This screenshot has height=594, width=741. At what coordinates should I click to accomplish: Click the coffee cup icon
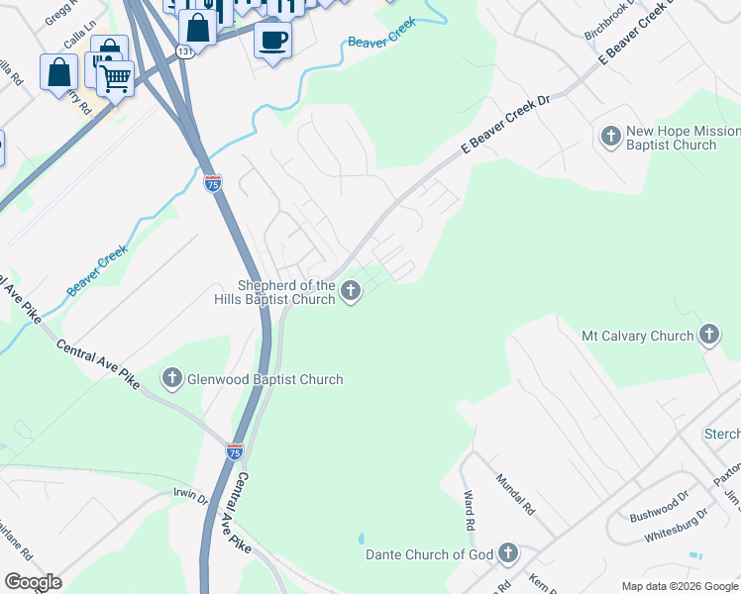click(x=273, y=40)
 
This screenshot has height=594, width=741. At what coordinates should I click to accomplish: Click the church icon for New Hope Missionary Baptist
click(x=611, y=134)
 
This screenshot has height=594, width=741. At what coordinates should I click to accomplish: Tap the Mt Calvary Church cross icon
click(x=708, y=336)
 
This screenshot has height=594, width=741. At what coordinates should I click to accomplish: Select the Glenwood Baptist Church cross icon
click(x=172, y=378)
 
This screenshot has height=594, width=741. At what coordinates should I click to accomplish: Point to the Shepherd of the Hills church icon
click(x=350, y=291)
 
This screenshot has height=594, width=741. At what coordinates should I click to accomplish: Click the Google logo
click(x=32, y=582)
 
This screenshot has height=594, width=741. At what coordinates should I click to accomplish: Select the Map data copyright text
click(x=680, y=586)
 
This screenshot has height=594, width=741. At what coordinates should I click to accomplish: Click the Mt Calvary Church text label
click(x=638, y=336)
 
